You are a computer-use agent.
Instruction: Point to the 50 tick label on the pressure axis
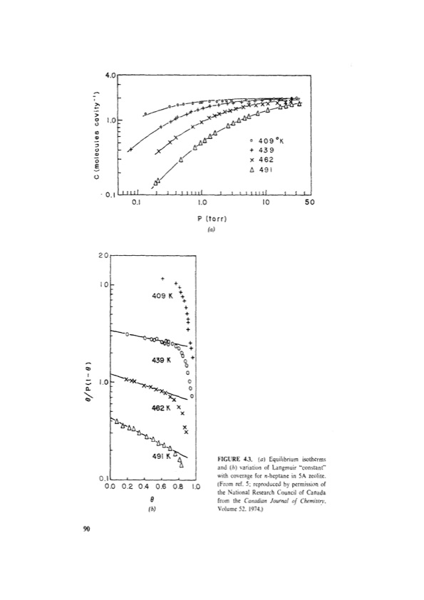tap(309, 202)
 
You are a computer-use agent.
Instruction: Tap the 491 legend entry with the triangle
tap(269, 171)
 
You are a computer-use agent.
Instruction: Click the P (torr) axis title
tap(211, 219)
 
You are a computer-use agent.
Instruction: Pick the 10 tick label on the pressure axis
tap(264, 202)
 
